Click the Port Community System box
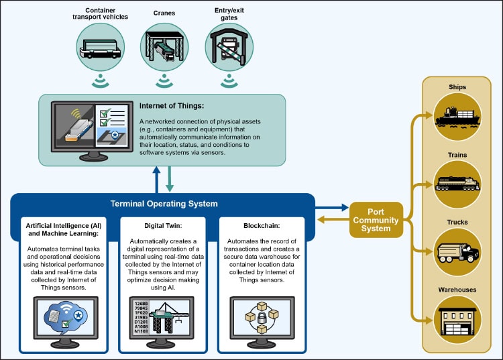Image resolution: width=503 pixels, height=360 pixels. (376, 220)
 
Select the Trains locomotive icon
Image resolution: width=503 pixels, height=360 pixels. (457, 182)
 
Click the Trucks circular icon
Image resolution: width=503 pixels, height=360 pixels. (457, 251)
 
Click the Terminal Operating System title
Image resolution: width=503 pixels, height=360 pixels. (164, 204)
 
